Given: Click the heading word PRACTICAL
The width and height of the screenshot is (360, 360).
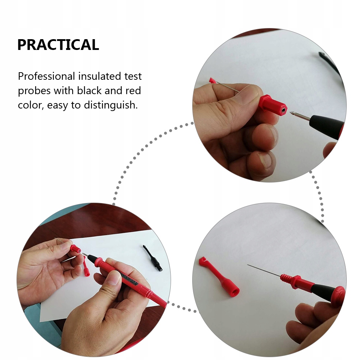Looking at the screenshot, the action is [x=58, y=45].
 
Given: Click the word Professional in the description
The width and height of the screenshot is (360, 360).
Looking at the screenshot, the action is [x=46, y=76].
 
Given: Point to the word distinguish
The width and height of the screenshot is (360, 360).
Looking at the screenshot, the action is [x=111, y=105].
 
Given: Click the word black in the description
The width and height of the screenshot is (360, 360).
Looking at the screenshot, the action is [x=89, y=91].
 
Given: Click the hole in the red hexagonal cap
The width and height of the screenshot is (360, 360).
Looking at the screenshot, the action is [x=284, y=110].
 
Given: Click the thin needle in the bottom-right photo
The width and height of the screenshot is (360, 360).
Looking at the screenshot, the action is [x=264, y=270].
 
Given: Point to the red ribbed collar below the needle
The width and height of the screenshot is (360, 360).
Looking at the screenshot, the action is [x=287, y=278].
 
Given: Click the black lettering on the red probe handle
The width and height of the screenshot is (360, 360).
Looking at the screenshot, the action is [x=129, y=278].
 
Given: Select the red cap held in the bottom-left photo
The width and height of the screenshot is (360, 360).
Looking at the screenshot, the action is [x=75, y=249].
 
